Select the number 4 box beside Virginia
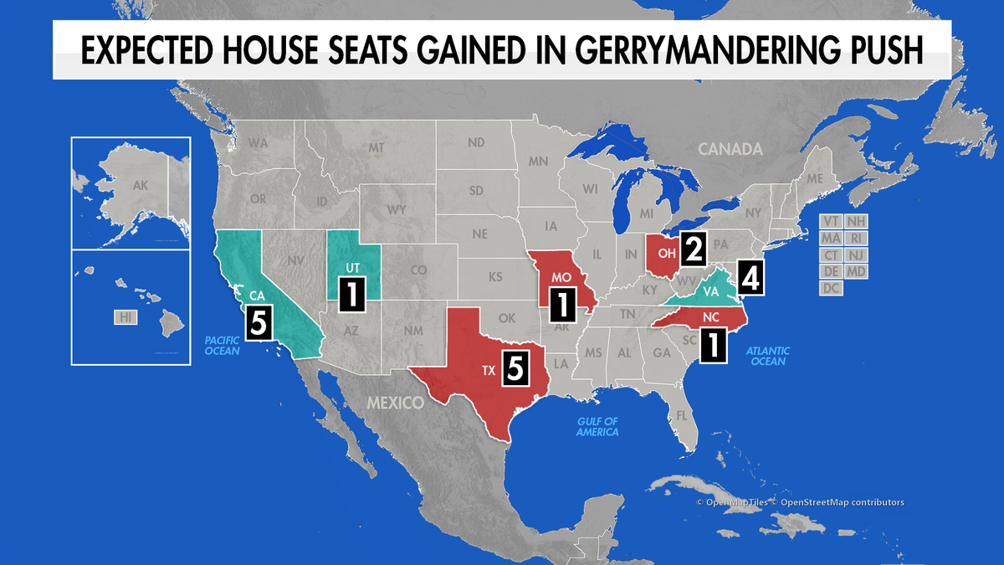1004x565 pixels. (750, 278)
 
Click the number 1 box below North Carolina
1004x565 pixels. (713, 345)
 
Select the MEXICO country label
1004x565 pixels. (395, 403)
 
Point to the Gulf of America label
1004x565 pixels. (597, 427)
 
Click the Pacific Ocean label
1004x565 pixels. (222, 345)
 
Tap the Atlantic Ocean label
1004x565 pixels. (768, 355)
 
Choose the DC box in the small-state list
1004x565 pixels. (831, 288)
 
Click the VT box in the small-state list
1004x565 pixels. (831, 221)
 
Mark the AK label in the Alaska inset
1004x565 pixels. (140, 187)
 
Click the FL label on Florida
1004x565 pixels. (682, 416)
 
